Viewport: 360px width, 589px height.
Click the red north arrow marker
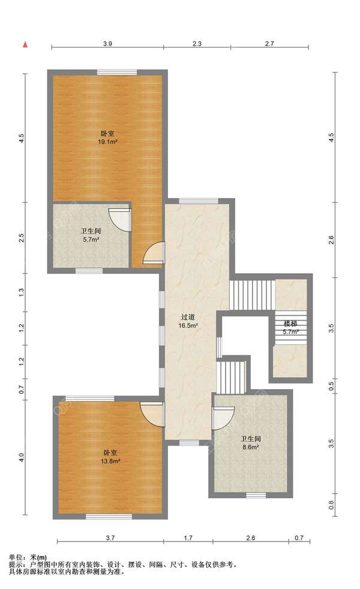(x=26, y=45)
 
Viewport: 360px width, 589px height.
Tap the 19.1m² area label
(x=108, y=142)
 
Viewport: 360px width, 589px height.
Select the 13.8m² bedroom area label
(x=110, y=461)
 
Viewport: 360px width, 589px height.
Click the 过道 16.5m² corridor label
(x=188, y=322)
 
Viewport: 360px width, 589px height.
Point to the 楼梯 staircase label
(x=290, y=324)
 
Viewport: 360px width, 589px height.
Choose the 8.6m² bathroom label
(x=251, y=443)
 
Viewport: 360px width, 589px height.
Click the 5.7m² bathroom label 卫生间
(x=91, y=231)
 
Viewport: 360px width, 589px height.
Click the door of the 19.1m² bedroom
(x=154, y=253)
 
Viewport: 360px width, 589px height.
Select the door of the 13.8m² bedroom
(x=152, y=414)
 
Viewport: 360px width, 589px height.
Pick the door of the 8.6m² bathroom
(x=223, y=418)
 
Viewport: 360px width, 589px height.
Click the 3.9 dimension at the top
(x=108, y=44)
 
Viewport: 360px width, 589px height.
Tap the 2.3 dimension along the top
(x=197, y=44)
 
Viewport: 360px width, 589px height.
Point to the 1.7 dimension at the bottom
(x=188, y=538)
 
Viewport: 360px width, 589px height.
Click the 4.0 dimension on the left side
(x=22, y=458)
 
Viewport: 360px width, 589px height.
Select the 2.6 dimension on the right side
(x=331, y=240)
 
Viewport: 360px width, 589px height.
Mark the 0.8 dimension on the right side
(x=331, y=505)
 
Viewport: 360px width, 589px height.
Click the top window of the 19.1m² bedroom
(x=117, y=73)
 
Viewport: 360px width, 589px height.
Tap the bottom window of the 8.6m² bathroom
(x=256, y=495)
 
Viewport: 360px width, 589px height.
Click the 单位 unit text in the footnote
(x=17, y=558)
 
